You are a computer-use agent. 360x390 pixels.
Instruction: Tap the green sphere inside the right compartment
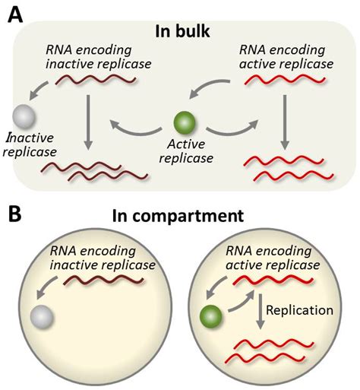point(210,314)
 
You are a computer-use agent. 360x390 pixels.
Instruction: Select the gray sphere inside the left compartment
point(40,315)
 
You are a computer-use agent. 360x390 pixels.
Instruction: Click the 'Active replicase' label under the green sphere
point(183,150)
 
